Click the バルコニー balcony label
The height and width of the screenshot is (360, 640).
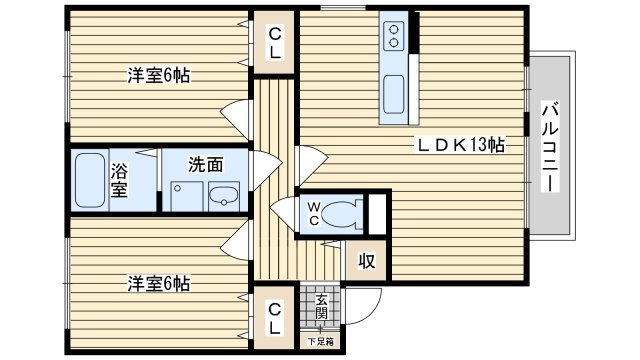pos(550,146)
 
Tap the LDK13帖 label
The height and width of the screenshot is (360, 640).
pos(460,145)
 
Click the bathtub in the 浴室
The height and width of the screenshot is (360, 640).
pos(90,180)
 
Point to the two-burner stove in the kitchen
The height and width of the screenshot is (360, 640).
pos(394,36)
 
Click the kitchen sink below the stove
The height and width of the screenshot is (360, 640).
pos(394,94)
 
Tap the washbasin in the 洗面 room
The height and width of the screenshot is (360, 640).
pos(224,197)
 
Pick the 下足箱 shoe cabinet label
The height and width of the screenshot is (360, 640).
pos(320,341)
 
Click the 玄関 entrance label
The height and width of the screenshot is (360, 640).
pos(321,307)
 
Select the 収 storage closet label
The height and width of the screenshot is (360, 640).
pos(367,260)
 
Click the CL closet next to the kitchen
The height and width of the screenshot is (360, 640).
pos(275,43)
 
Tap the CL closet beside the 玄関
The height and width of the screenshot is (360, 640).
pos(275,318)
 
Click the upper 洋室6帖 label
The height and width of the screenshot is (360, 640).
pos(158,76)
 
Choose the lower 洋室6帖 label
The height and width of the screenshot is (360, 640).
pos(158,284)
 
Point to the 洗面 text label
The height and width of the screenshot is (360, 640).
pos(206,164)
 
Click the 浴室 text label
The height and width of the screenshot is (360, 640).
pos(119,180)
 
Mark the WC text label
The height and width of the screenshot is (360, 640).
pos(313,214)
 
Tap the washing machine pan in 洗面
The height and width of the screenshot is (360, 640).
pos(187,197)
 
